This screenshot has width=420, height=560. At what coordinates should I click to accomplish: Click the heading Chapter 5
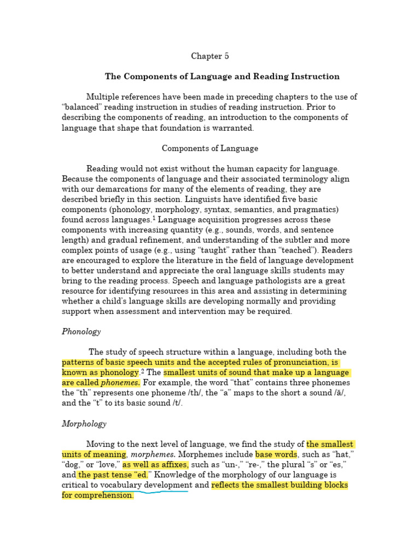(210, 56)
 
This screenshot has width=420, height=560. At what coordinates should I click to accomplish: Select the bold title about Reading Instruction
(222, 77)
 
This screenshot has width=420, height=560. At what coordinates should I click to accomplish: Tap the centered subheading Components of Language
(210, 148)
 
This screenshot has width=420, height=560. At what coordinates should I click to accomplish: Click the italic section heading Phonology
(81, 331)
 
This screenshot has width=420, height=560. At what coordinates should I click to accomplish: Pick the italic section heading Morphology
(84, 423)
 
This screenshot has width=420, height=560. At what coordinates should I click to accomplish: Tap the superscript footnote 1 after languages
(154, 218)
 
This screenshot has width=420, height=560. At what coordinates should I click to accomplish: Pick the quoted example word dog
(73, 465)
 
